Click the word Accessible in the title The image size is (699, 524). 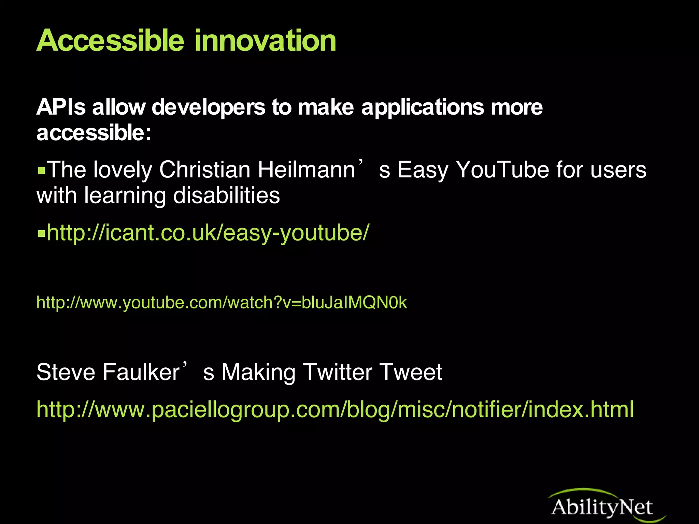[110, 41]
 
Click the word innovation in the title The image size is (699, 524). [266, 41]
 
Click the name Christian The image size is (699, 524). [205, 170]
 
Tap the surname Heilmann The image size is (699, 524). [306, 170]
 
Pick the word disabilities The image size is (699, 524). [227, 195]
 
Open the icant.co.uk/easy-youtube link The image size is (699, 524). [208, 233]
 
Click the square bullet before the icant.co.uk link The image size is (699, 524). [41, 234]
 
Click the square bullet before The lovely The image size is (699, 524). [41, 170]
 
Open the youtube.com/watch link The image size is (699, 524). [222, 303]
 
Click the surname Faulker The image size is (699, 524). [141, 372]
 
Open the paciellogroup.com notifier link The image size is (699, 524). [335, 409]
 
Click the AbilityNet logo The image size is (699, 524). [602, 506]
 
